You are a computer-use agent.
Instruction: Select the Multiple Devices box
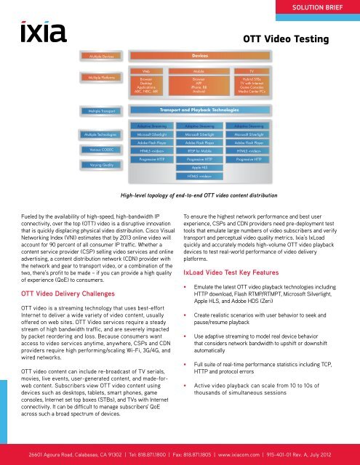100,55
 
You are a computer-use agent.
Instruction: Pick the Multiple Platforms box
100,76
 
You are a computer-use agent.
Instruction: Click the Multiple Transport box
100,110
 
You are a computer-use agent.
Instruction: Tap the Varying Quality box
100,166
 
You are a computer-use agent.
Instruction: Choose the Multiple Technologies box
100,134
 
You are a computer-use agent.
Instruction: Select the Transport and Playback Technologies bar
199,110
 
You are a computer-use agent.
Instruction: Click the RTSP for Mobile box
199,150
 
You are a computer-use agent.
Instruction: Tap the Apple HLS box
199,166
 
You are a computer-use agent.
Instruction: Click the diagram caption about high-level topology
180,195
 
